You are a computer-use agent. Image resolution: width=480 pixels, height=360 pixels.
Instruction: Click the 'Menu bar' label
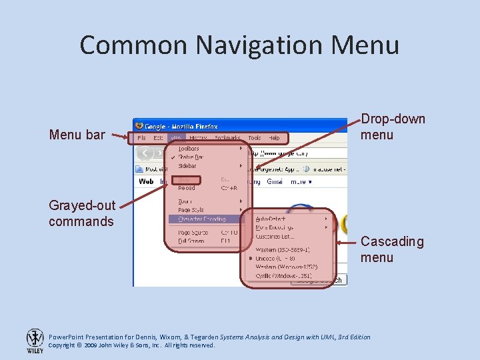click(77, 135)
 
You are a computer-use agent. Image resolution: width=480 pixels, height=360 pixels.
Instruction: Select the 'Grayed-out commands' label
click(81, 213)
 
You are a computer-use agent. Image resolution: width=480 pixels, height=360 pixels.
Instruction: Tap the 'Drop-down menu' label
click(393, 127)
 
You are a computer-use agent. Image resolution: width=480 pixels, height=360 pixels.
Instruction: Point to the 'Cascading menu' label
click(392, 249)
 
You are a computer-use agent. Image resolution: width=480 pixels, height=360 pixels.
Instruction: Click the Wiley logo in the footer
click(35, 340)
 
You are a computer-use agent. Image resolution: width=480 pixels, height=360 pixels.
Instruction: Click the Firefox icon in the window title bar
click(139, 125)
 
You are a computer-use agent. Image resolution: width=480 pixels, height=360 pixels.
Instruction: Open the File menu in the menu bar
click(141, 138)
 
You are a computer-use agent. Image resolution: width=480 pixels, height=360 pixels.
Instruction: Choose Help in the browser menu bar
click(274, 138)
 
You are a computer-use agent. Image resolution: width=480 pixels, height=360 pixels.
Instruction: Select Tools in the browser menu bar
click(254, 138)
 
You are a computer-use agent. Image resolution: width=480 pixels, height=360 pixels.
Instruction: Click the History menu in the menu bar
click(198, 138)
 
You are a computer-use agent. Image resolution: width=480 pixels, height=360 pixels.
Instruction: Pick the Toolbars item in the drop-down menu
click(189, 149)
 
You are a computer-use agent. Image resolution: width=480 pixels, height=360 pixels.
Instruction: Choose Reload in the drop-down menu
click(187, 188)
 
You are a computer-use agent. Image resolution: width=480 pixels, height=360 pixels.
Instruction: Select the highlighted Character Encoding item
click(202, 219)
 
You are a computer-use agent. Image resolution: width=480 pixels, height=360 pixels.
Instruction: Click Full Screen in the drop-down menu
click(191, 241)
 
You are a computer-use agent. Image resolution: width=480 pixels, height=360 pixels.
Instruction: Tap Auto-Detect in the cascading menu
click(270, 219)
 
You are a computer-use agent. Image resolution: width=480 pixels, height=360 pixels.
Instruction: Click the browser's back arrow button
click(145, 153)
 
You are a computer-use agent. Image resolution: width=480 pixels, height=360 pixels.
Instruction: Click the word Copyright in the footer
click(62, 345)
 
